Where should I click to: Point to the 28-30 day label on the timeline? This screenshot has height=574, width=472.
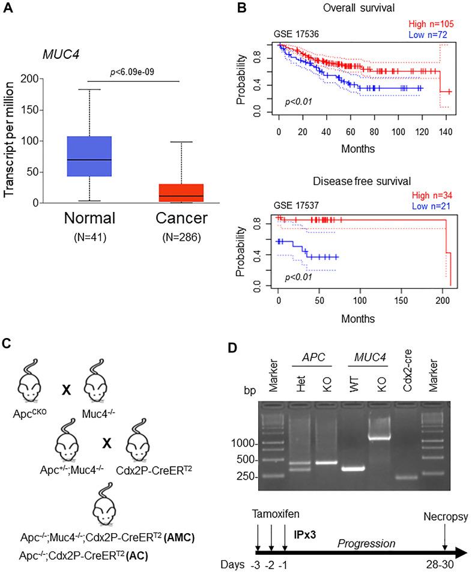[445, 566]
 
